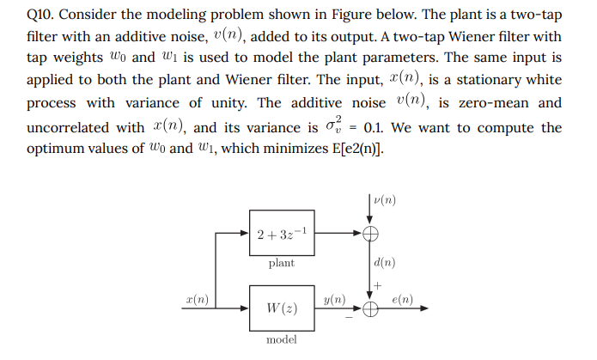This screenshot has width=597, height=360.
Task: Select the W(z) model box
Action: [x=282, y=308]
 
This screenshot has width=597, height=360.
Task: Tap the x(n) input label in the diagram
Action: [x=197, y=300]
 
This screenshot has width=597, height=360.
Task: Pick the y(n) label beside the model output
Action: [x=335, y=299]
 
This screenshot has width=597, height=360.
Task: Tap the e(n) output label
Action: [x=402, y=299]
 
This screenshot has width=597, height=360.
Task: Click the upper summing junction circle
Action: [x=372, y=233]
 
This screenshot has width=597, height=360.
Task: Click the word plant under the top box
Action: [x=281, y=263]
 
